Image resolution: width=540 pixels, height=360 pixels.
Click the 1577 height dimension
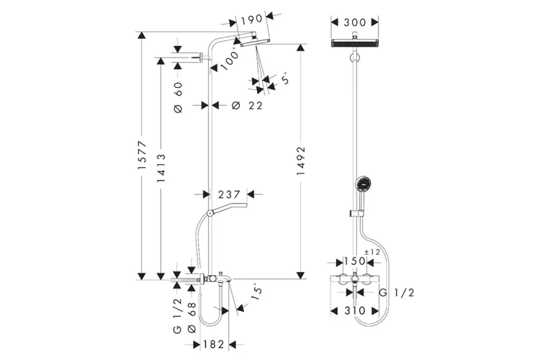click(x=143, y=153)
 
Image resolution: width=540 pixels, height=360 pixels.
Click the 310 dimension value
click(x=355, y=310)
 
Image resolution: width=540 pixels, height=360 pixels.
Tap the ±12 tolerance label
click(x=372, y=251)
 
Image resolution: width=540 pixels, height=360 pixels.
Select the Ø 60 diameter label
click(x=179, y=96)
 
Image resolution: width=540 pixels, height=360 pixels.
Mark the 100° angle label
click(x=228, y=59)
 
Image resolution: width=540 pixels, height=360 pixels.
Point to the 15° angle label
click(x=254, y=292)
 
